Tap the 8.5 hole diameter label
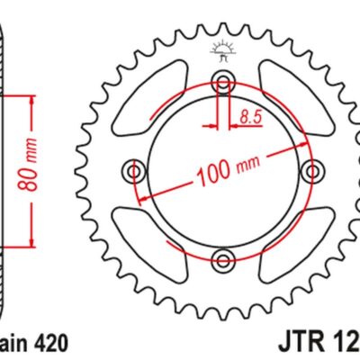pos(251,114)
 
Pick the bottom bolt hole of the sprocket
pos(223,262)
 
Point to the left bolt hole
pos(135,172)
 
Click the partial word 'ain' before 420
pos(13,344)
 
